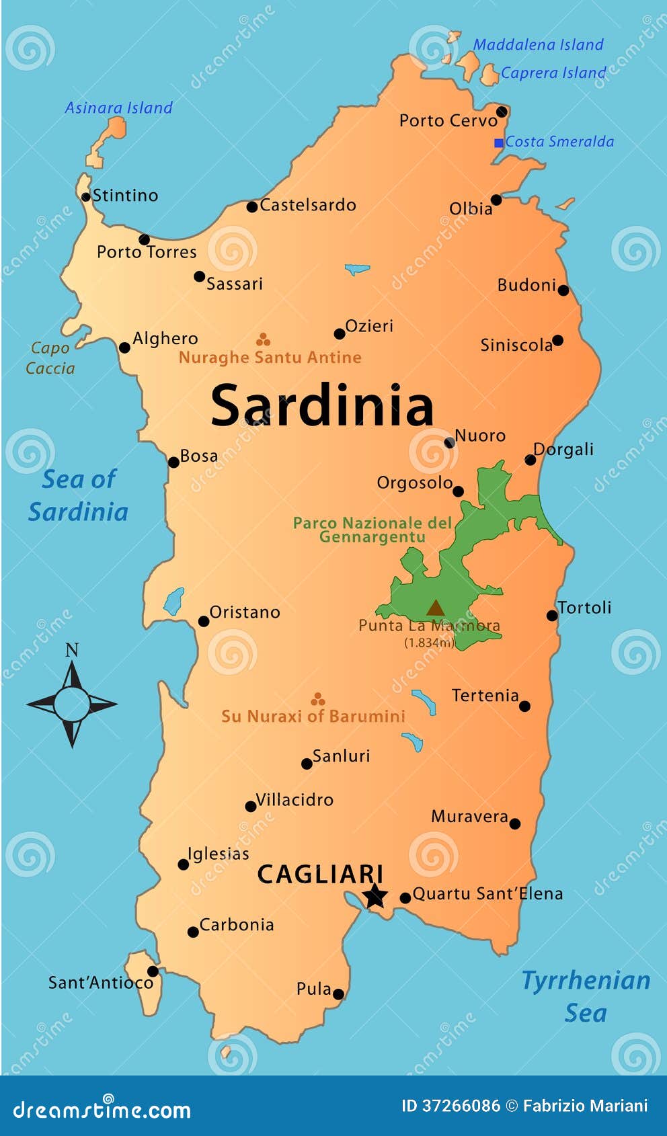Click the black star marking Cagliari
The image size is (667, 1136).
tap(375, 895)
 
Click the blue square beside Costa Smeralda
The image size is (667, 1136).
tap(499, 143)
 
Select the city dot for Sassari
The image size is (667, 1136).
tap(199, 276)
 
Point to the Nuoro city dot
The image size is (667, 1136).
tap(449, 442)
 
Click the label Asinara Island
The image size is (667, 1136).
tap(118, 108)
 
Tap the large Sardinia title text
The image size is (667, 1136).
tap(322, 405)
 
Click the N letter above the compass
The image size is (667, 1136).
tap(72, 650)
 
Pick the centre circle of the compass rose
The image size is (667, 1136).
tap(72, 704)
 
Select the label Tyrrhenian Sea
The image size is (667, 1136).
tap(586, 996)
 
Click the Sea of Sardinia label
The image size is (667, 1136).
tap(79, 495)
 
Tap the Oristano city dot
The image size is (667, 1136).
tap(204, 621)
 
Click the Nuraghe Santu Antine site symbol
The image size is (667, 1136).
tap(263, 339)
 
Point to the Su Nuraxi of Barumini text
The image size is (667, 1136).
tap(313, 717)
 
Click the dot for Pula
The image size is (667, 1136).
tap(338, 994)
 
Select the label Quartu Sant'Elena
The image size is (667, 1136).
tap(487, 893)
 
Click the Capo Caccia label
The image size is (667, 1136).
tap(50, 358)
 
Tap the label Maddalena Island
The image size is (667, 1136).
tap(538, 45)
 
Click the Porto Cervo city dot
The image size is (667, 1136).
tap(502, 112)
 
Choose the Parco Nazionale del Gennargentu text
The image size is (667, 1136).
tap(372, 530)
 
